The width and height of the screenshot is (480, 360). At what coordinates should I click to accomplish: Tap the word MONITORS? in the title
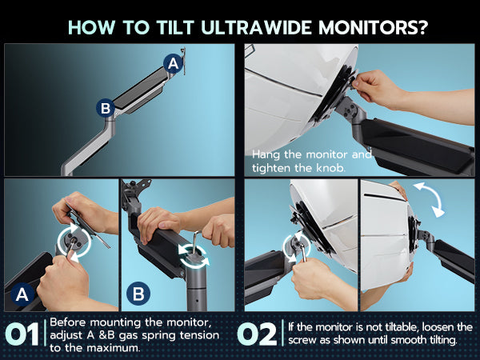373,27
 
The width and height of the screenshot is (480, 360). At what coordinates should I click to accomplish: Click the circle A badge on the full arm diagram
173,64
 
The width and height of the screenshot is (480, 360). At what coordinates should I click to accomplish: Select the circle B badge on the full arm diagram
106,108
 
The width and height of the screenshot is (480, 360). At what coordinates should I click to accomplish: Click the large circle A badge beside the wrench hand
22,294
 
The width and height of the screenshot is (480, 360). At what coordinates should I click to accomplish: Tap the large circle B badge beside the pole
138,294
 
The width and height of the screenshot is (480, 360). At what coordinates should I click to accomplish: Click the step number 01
22,334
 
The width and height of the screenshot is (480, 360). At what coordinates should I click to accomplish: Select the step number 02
257,334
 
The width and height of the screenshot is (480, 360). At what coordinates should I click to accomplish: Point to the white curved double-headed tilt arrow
429,198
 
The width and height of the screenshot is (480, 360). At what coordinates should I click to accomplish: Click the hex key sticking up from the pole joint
196,242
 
